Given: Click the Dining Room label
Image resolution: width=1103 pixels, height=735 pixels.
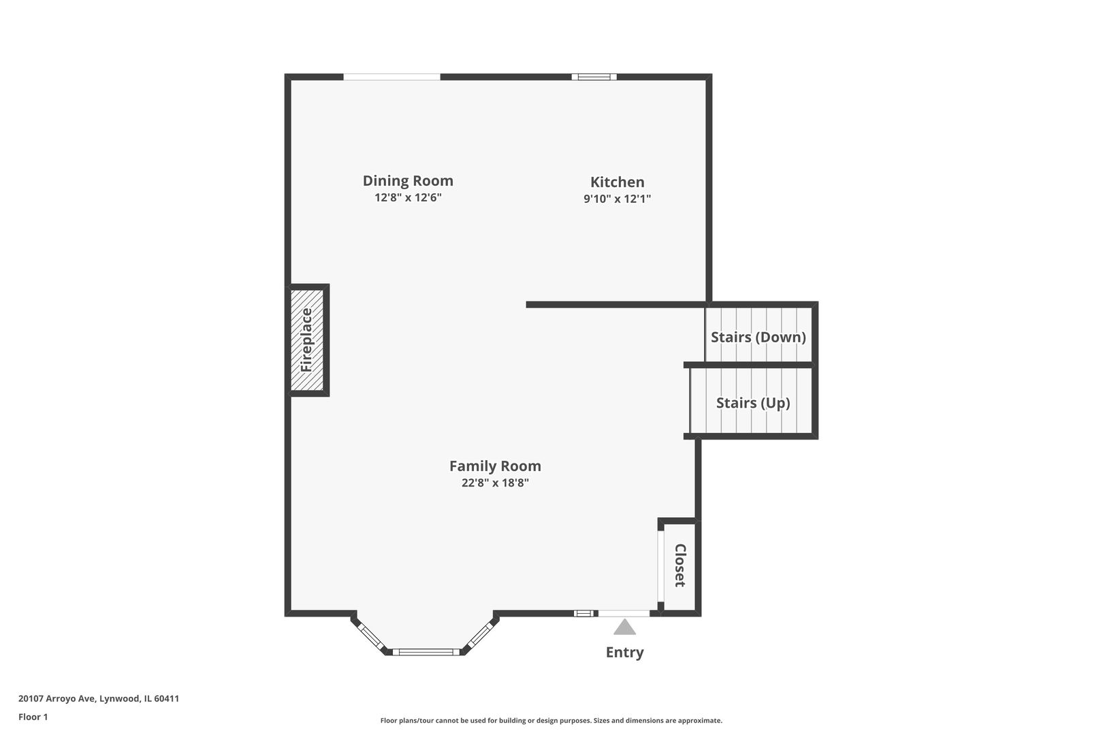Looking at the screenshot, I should click(x=408, y=181).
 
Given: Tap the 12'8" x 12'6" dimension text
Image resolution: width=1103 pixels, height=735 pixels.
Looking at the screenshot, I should click(x=408, y=198).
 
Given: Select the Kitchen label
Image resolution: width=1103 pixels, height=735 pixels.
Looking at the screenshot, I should click(x=617, y=182).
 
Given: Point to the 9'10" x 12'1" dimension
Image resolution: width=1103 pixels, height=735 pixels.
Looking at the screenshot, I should click(x=617, y=199).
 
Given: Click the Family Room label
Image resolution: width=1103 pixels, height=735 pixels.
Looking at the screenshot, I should click(x=495, y=466).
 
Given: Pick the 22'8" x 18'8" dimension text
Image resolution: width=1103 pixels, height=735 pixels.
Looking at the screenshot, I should click(x=495, y=483).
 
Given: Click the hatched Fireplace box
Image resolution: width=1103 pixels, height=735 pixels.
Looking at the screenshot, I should click(x=307, y=340).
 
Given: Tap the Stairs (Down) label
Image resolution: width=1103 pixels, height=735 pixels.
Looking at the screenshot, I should click(x=758, y=337).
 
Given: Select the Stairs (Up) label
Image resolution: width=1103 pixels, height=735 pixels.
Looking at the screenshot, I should click(x=752, y=403).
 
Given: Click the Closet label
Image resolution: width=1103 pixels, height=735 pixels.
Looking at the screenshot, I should click(x=680, y=565).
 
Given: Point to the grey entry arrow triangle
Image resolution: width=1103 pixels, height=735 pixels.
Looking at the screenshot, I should click(x=624, y=627).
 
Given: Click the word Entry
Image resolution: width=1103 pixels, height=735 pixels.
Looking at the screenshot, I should click(x=624, y=653).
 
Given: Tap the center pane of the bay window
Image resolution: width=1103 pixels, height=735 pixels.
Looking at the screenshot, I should click(x=426, y=652).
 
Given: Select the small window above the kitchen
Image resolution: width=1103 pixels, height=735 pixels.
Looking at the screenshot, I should click(x=594, y=77).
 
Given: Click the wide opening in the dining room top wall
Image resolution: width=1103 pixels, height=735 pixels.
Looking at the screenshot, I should click(x=391, y=77).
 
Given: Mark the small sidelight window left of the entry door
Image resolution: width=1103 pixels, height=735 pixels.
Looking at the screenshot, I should click(x=584, y=613).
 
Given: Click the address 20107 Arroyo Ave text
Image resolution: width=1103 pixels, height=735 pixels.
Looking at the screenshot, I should click(x=99, y=698).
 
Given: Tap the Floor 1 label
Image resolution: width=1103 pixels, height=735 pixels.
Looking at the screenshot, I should click(x=33, y=717).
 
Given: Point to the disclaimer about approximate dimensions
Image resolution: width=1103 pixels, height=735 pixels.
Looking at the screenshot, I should click(x=551, y=720).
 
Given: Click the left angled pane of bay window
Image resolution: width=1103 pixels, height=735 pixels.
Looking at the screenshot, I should click(x=371, y=636).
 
